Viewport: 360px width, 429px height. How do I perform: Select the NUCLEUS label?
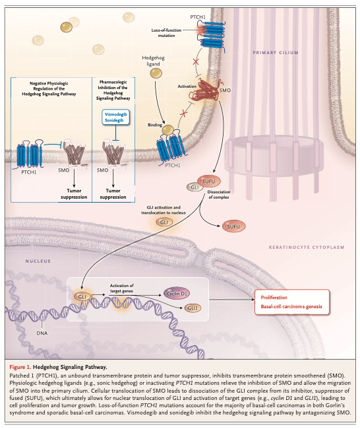click(38, 261)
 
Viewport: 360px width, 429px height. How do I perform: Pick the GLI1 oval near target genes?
click(193, 308)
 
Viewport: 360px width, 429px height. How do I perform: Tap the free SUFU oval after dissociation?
click(233, 226)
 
